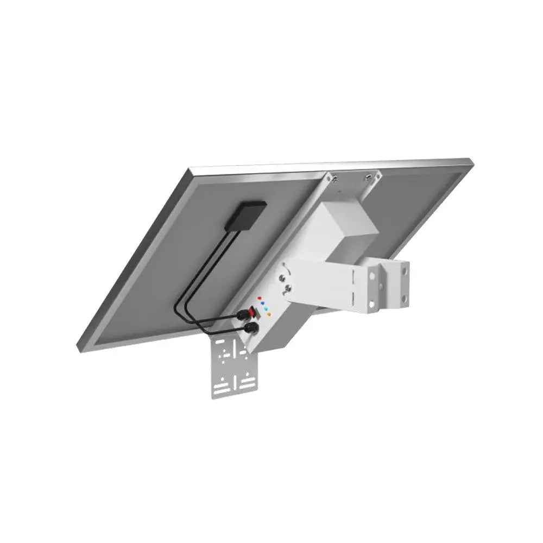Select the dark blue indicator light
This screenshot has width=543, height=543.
click(x=263, y=304)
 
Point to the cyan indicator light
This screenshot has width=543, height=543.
click(x=266, y=310)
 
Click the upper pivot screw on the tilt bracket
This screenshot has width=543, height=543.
click(x=282, y=278)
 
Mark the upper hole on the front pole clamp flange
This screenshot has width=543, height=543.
click(x=374, y=277)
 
